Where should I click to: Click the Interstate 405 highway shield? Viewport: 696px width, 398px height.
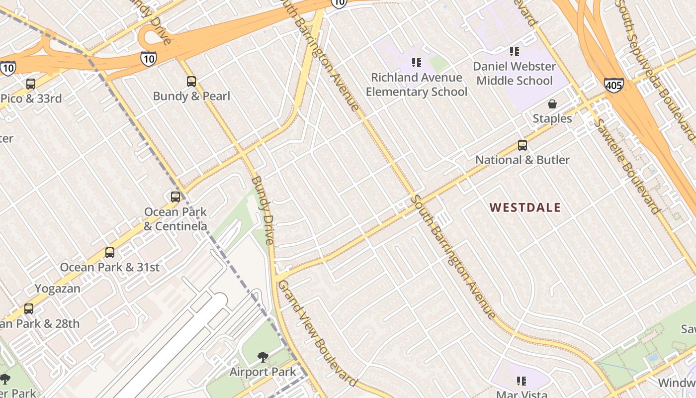tap(614, 85)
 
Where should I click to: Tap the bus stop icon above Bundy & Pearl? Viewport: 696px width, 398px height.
tap(191, 82)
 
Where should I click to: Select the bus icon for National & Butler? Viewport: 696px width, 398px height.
tap(522, 145)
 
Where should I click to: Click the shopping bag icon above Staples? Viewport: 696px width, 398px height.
tap(552, 104)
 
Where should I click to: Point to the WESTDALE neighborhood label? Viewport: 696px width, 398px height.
tap(525, 207)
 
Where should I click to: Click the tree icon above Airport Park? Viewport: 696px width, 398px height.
tap(262, 357)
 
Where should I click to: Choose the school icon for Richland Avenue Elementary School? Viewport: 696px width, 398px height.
tap(417, 63)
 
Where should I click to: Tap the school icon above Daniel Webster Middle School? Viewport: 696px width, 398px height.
tap(515, 51)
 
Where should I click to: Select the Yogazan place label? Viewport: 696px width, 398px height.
tap(58, 289)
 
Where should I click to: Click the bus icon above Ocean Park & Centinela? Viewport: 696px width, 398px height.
tap(175, 197)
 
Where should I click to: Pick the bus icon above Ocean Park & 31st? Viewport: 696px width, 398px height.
tap(110, 253)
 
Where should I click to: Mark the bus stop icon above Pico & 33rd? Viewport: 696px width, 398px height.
tap(31, 84)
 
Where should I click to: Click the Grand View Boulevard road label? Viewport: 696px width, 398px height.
tap(317, 333)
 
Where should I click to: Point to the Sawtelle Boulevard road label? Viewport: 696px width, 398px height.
tap(628, 167)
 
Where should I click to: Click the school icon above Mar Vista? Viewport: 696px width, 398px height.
tap(521, 381)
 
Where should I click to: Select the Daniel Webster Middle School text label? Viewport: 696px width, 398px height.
tap(515, 74)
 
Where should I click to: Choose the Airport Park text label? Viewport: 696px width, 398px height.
tap(262, 372)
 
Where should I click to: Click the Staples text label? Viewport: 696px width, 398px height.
tap(552, 118)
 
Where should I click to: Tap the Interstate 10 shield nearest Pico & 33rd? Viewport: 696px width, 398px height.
tap(7, 68)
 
